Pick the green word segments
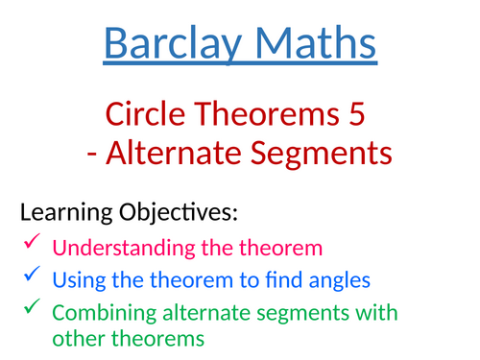(x=321, y=313)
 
